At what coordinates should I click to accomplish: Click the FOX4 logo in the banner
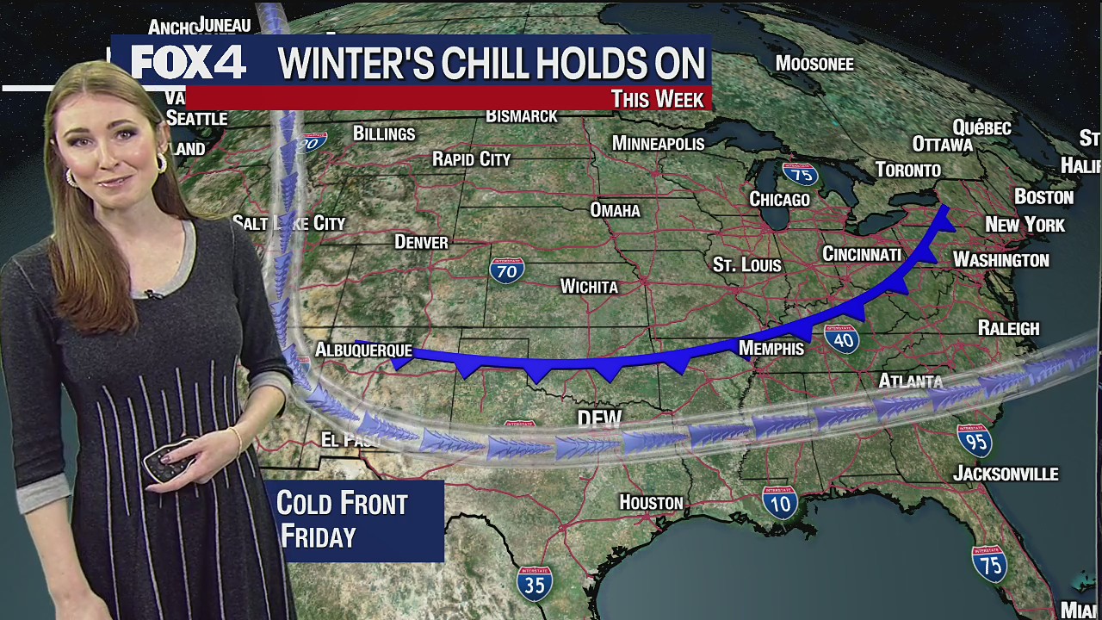[189, 63]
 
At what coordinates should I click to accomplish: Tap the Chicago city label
[779, 199]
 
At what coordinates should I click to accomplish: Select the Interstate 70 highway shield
[506, 270]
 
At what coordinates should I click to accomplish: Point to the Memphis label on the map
[771, 348]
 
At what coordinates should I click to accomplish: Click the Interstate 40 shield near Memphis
[843, 339]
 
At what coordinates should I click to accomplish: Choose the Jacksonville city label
[1006, 474]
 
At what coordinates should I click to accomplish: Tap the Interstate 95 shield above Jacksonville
[975, 441]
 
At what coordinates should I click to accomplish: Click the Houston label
[651, 502]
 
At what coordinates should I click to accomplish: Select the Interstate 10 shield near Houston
[779, 502]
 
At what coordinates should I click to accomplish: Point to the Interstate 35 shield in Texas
[535, 583]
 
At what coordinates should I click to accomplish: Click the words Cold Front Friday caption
[342, 520]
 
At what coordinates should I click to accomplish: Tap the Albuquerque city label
[363, 350]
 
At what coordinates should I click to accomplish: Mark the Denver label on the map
[421, 242]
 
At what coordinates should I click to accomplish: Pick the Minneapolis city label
[658, 143]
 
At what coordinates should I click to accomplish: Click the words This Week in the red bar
[658, 98]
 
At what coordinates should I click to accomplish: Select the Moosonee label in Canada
[814, 64]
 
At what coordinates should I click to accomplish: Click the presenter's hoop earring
[161, 163]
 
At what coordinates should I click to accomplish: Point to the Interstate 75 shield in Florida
[989, 564]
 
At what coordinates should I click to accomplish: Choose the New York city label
[1025, 225]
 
